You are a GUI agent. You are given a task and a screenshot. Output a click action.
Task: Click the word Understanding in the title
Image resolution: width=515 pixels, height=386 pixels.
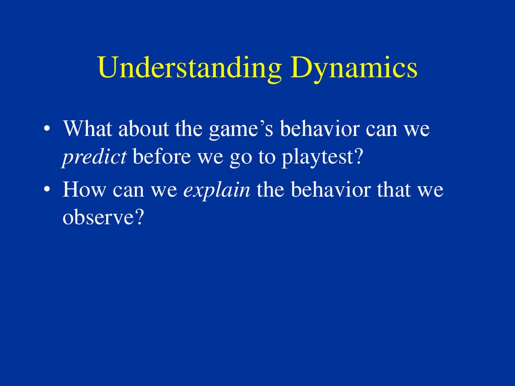(190, 68)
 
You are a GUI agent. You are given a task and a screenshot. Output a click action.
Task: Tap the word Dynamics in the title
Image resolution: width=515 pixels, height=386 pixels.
(354, 68)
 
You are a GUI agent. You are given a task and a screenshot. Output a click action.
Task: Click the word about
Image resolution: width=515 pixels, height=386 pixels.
(143, 128)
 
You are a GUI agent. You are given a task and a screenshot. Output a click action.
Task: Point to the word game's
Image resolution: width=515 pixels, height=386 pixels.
(241, 130)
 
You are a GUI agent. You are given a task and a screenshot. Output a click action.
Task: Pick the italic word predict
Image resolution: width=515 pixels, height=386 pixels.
(94, 157)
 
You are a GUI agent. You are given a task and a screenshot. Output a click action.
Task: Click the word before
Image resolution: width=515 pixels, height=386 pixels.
(161, 157)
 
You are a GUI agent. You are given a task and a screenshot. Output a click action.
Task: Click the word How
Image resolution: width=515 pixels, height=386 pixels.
(84, 190)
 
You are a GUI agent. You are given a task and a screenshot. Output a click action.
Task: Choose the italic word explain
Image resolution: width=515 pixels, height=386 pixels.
(217, 191)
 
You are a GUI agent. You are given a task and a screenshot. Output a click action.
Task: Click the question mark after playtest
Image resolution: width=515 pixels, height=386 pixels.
(358, 156)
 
